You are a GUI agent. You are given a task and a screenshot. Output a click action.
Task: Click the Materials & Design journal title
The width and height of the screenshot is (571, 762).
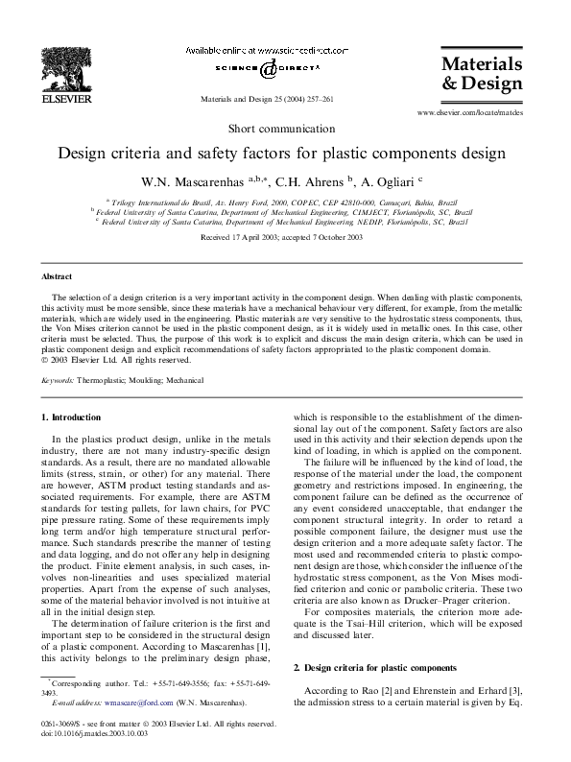481,73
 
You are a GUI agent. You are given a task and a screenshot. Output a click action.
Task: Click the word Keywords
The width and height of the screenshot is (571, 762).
59,380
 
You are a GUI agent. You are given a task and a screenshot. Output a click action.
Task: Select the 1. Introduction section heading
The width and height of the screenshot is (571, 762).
70,417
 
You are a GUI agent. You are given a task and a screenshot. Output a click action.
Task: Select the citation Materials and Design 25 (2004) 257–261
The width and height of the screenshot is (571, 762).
266,99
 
